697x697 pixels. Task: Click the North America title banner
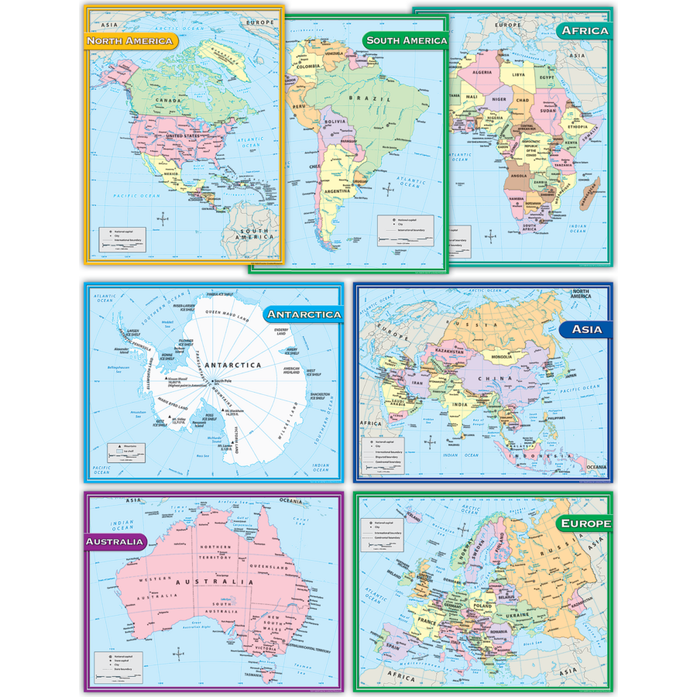(130, 40)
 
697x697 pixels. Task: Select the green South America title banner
(405, 40)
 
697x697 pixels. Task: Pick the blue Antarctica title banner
(303, 314)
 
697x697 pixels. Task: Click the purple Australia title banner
(115, 541)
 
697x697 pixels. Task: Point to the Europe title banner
(583, 524)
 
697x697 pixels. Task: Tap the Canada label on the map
(168, 101)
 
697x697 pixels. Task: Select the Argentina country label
(340, 191)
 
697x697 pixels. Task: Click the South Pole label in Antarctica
(223, 381)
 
